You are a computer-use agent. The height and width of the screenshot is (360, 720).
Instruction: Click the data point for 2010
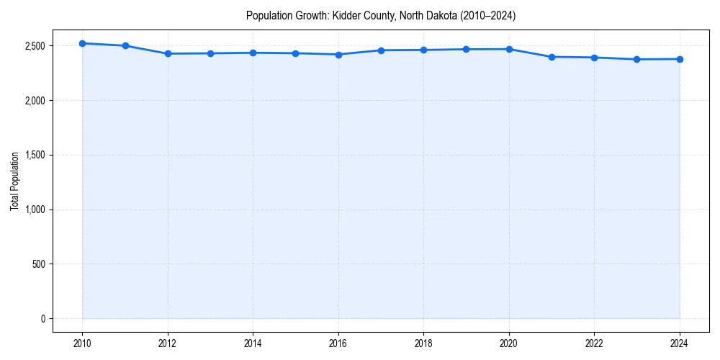coord(83,43)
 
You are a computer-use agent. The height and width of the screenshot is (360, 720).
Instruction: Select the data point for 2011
coord(125,45)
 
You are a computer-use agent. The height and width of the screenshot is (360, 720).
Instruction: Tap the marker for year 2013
coord(210,53)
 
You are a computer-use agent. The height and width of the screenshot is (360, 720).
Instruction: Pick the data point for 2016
coord(338,54)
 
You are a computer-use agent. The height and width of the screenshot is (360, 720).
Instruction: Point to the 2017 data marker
coord(381,50)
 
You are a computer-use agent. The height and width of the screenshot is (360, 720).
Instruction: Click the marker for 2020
coord(509,49)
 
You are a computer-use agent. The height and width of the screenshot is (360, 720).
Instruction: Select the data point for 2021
coord(552,57)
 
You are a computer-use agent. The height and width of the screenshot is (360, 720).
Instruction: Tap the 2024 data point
coord(680,59)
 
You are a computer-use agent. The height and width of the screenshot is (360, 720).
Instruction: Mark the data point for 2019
coord(467,49)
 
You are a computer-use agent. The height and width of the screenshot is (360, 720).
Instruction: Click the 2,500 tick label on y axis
coord(35,46)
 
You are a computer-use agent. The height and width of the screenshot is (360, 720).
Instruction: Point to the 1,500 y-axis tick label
coord(35,155)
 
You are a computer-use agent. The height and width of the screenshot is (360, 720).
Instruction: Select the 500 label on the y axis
coord(39,264)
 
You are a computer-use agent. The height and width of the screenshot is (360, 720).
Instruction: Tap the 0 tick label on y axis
coord(43,319)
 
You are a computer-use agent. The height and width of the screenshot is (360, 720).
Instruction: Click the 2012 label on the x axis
coord(168,343)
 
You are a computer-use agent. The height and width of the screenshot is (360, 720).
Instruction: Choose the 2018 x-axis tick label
coord(423,343)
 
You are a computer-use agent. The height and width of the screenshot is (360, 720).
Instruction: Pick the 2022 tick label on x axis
coord(594,343)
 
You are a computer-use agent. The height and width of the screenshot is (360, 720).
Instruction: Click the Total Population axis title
coord(14,181)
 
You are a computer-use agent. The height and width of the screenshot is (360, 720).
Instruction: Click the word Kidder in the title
coord(345,15)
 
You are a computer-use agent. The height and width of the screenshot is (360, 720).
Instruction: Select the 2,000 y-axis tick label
coord(35,101)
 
